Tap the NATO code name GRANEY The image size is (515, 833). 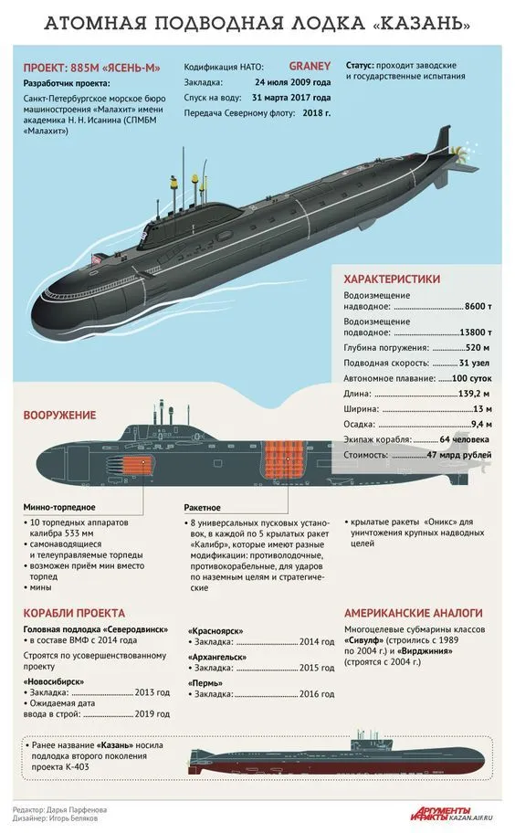pos(310,67)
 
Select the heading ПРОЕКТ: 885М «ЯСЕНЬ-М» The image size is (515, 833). pos(92,68)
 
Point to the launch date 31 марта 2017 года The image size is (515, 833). pos(291,98)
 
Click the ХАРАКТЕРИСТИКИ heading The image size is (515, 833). pos(392,279)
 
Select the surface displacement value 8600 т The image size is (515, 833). pos(478,307)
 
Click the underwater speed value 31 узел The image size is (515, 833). pos(474,364)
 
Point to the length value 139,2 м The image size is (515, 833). pos(474,395)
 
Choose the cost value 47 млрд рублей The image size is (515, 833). pos(459,455)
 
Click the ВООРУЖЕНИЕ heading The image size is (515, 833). pos(59,416)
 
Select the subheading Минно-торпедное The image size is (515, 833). pos(59,507)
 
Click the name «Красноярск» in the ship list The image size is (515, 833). pos(215,631)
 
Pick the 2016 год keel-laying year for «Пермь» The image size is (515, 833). pos(317,694)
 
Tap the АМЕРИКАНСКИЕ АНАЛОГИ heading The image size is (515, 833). pos(414,613)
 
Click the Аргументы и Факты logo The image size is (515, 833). pos(441,813)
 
